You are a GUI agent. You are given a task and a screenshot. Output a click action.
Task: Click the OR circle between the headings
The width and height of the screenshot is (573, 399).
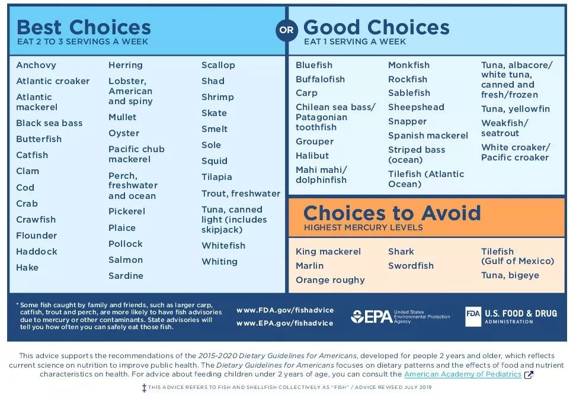(x=287, y=30)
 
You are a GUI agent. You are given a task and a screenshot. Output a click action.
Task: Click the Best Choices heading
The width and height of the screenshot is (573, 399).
(x=84, y=27)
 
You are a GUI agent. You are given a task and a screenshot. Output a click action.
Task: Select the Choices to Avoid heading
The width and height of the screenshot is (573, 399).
(x=392, y=213)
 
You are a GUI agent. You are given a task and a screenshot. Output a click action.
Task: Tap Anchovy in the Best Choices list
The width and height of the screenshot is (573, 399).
(x=36, y=65)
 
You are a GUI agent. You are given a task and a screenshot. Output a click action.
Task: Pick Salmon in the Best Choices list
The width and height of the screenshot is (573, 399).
(x=126, y=260)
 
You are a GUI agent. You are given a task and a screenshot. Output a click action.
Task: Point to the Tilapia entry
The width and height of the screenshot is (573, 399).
(x=217, y=177)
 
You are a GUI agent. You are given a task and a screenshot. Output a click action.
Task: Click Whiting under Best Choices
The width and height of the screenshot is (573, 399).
(x=219, y=262)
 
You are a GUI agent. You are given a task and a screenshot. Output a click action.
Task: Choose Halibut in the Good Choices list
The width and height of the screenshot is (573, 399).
(x=312, y=156)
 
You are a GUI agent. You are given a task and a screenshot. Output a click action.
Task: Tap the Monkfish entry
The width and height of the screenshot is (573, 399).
(x=409, y=65)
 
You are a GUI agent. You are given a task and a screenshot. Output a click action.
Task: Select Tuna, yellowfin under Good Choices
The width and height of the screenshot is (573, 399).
(x=516, y=109)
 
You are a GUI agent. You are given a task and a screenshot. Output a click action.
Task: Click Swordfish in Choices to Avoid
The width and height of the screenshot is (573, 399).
(x=411, y=266)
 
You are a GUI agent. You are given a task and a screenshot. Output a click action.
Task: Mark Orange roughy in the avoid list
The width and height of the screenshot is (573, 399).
(x=330, y=280)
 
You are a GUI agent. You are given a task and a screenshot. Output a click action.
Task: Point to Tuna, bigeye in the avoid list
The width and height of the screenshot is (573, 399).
(x=510, y=275)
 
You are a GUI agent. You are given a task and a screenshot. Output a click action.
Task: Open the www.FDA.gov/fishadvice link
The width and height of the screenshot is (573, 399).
(x=285, y=310)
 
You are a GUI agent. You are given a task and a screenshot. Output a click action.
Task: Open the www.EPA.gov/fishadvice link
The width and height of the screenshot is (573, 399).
(x=285, y=323)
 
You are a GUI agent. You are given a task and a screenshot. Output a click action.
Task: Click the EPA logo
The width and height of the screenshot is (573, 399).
(x=371, y=317)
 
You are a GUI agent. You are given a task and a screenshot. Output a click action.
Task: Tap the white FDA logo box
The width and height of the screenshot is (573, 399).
(x=473, y=317)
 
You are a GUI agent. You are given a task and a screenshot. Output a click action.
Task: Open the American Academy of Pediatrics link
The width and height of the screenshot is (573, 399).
(x=463, y=375)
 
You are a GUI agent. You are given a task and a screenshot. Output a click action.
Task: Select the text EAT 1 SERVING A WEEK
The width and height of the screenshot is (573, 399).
(x=355, y=42)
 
